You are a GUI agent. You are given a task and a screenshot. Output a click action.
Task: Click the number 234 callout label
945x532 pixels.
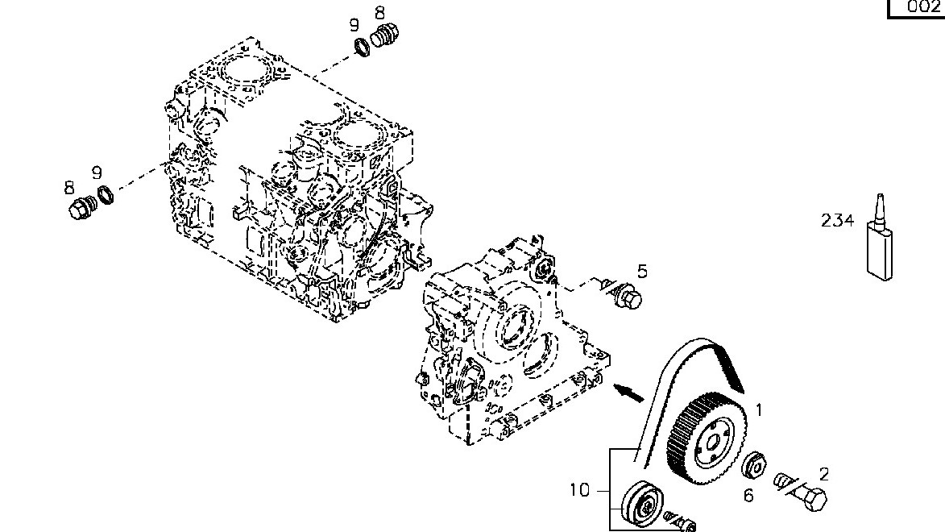(x=838, y=220)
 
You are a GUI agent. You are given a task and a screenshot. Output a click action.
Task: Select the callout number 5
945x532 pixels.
(x=642, y=271)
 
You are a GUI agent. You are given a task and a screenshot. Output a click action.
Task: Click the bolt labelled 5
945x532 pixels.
(x=628, y=298)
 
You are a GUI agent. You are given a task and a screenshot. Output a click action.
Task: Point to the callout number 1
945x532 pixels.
(x=759, y=410)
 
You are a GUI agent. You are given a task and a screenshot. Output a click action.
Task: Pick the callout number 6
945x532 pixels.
(x=748, y=496)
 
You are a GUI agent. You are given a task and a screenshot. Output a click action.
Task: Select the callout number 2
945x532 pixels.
(x=824, y=475)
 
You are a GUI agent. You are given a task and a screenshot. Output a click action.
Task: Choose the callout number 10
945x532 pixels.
(x=580, y=489)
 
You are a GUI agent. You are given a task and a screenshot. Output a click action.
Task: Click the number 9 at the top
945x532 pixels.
(x=354, y=25)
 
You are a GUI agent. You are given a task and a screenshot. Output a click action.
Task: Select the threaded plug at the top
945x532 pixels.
(x=385, y=37)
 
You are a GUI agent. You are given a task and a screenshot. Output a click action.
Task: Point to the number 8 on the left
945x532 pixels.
(x=69, y=188)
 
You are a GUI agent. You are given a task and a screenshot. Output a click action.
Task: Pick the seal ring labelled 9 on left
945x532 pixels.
(x=106, y=195)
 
